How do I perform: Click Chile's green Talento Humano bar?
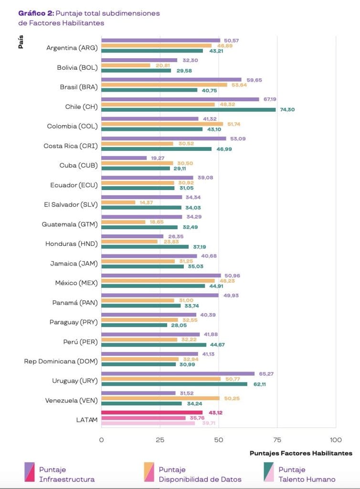(189, 109)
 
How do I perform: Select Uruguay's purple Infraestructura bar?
(178, 373)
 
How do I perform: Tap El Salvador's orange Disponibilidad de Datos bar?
(118, 202)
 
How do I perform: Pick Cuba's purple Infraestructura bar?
(124, 158)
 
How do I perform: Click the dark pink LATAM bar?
(152, 413)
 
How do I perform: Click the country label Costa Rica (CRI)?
(71, 146)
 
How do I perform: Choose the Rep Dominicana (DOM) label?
(61, 361)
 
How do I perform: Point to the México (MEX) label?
(76, 283)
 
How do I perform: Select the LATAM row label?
(88, 420)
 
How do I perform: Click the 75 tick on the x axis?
(277, 439)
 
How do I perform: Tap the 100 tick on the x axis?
(336, 439)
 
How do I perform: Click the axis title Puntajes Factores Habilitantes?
(301, 453)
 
